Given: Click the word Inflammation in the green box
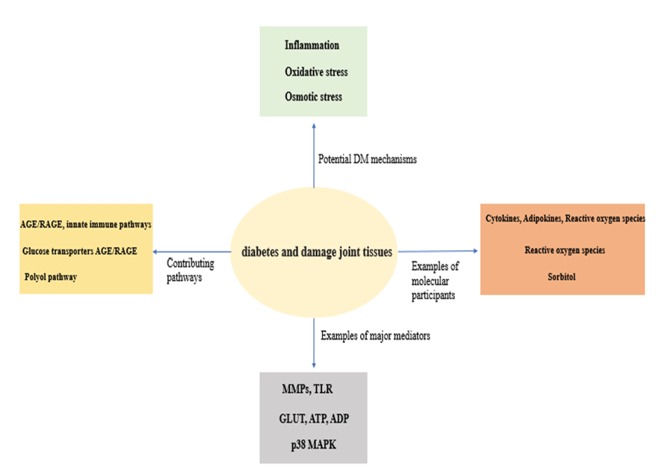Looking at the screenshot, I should tap(312, 46).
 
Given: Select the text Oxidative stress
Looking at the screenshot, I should tap(316, 72).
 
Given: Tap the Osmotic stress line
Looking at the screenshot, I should tap(314, 97).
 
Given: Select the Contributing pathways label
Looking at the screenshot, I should tap(190, 269).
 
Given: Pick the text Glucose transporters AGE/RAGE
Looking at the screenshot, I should tap(79, 251).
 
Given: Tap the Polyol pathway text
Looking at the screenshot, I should tap(50, 277).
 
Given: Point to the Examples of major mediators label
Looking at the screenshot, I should tap(375, 336).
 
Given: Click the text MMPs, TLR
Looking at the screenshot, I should tap(310, 390).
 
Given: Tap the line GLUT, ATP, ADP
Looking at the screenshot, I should tap(314, 419).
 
